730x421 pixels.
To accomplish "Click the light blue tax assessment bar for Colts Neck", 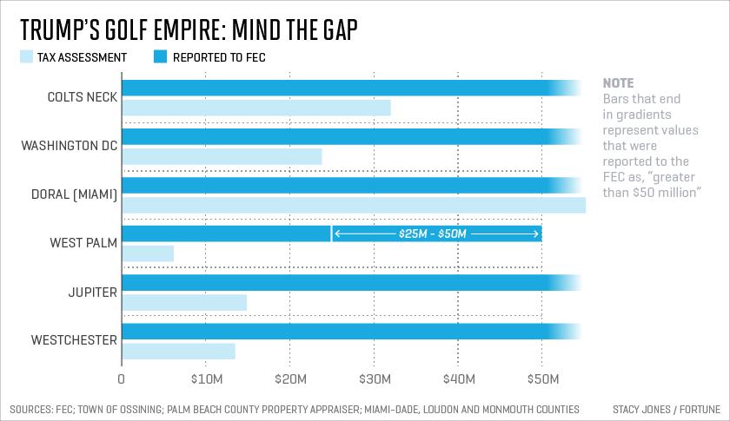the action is pos(256,108).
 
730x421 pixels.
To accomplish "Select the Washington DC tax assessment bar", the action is pos(222,156).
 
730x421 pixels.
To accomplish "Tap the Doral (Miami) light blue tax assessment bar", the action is pos(355,205).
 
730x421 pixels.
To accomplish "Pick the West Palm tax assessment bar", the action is pos(148,253).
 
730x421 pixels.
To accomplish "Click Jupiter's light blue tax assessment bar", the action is pos(185,302).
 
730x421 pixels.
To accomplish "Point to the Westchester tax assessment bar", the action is pos(179,352).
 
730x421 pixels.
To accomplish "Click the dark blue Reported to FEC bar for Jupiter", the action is pos(351,283).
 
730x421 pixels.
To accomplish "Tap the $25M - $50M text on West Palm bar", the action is pos(433,234).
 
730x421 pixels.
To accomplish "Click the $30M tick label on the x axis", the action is pos(375,379).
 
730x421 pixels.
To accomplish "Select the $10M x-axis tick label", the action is pos(207,379).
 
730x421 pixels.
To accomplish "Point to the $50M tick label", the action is pos(543,379).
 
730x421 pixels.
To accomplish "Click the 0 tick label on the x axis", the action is pos(122,379).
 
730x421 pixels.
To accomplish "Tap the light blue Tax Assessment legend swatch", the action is pos(27,56).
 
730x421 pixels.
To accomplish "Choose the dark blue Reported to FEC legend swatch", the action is pos(160,56).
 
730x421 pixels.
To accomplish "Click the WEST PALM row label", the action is pos(83,243).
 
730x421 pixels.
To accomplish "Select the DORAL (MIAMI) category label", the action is pos(74,194).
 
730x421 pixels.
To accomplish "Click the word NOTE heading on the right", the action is pos(618,83).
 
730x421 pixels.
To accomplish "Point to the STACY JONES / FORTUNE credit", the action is pos(667,410).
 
